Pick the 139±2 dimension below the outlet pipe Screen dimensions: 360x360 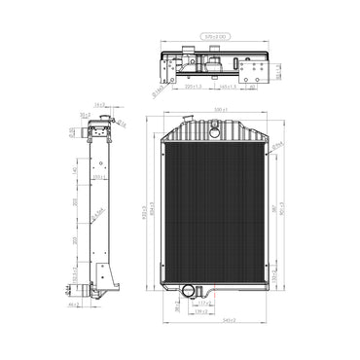tap(201, 311)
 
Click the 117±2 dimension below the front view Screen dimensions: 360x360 tap(203, 304)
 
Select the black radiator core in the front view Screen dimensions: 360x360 tap(216, 209)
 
